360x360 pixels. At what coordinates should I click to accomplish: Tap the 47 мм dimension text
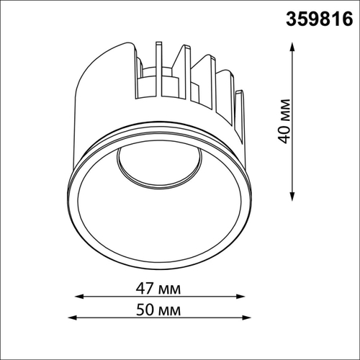pyautogui.click(x=158, y=288)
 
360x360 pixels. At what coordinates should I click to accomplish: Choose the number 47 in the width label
pyautogui.click(x=146, y=288)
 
